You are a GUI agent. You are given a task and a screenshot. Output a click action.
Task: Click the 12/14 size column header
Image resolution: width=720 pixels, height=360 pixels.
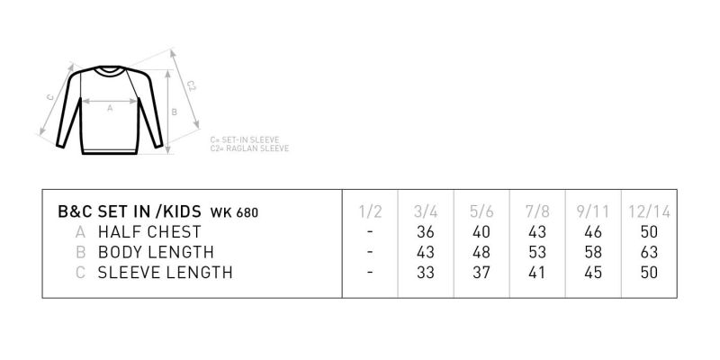pyautogui.click(x=649, y=211)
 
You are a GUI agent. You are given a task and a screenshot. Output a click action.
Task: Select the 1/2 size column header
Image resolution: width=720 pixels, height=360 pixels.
pyautogui.click(x=370, y=211)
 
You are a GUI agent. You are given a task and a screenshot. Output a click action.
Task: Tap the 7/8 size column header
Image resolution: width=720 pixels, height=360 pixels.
pyautogui.click(x=537, y=211)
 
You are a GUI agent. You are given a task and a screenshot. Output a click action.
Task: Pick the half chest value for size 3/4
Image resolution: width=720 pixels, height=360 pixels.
pyautogui.click(x=426, y=232)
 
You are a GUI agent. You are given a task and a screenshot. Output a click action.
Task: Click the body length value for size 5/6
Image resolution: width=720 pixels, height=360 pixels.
pyautogui.click(x=481, y=252)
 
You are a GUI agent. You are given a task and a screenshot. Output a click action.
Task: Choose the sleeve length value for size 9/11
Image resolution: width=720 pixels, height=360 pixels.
pyautogui.click(x=593, y=273)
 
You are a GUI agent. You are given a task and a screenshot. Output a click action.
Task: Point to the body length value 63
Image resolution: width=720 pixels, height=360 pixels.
pyautogui.click(x=649, y=252)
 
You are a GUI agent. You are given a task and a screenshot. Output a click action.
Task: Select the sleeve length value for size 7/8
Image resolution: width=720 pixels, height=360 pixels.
pyautogui.click(x=536, y=273)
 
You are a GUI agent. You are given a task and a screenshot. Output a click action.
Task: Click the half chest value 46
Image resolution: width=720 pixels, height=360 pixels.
pyautogui.click(x=593, y=232)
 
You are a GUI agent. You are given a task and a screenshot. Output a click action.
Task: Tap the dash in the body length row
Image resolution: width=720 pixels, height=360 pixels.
pyautogui.click(x=370, y=252)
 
